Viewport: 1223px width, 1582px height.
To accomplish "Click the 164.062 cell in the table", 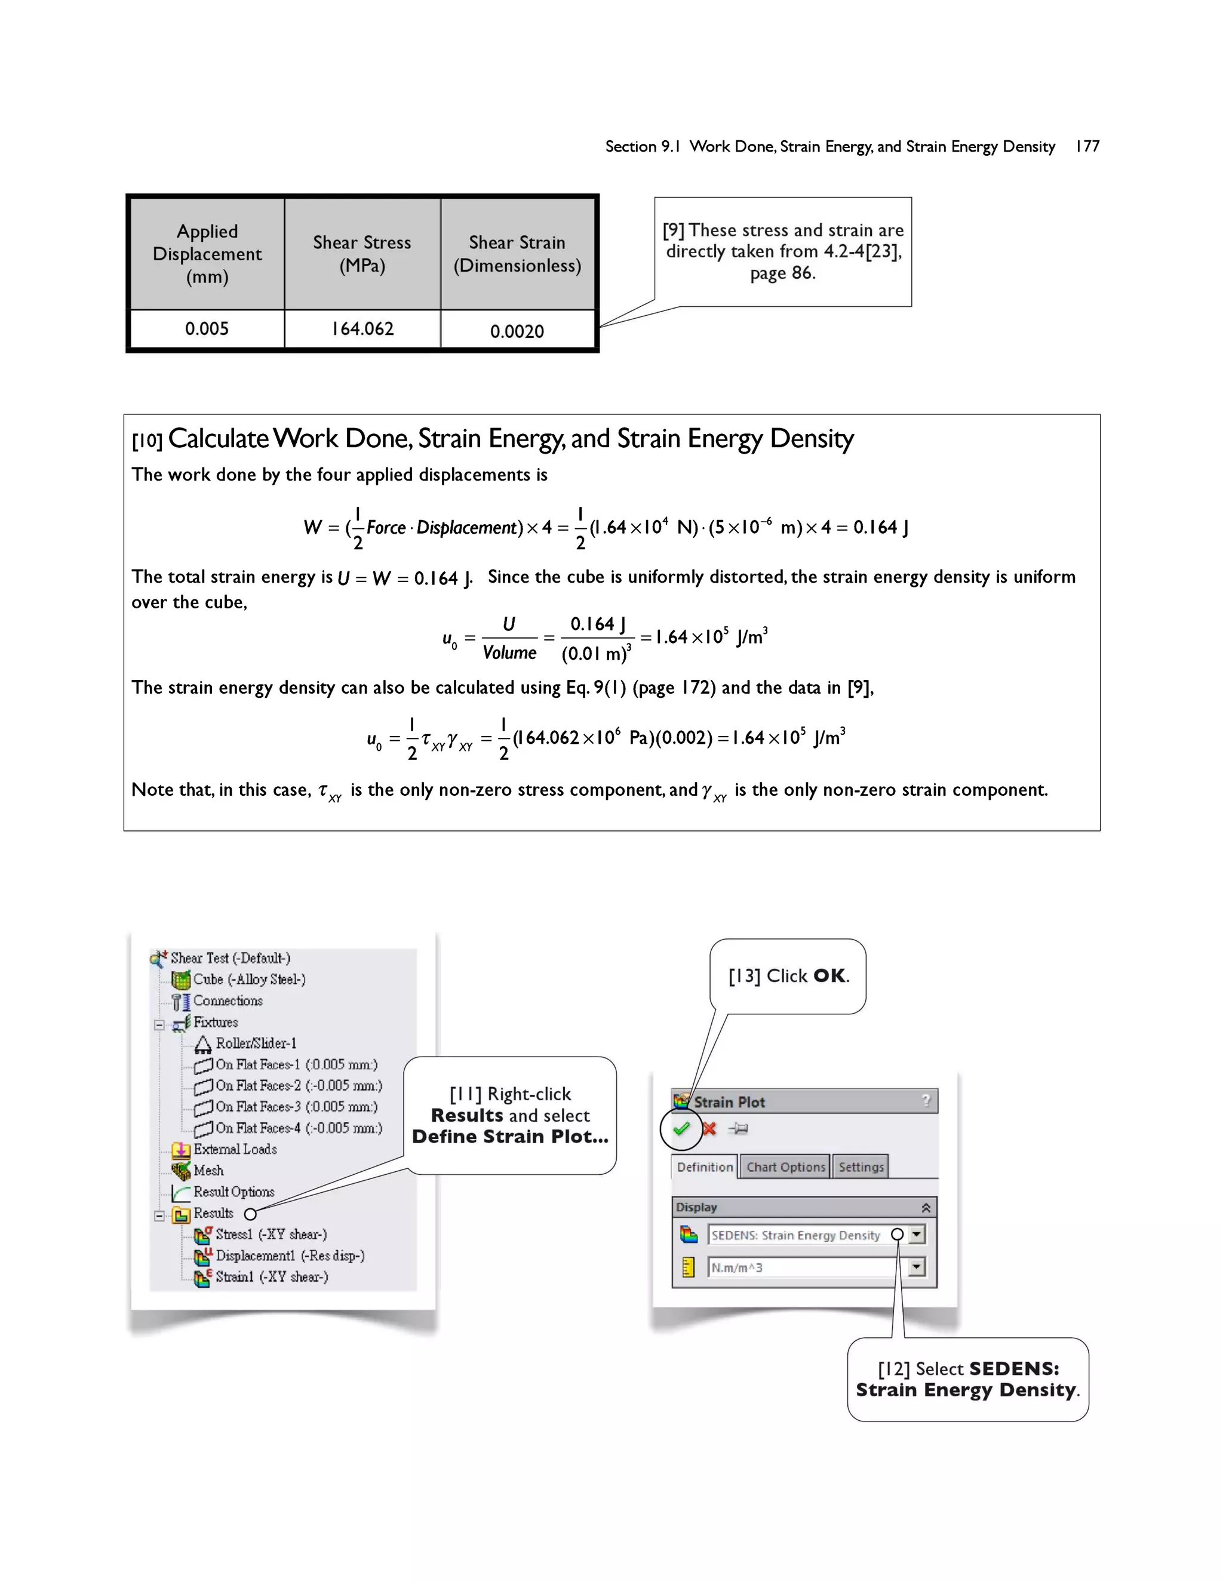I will point(362,329).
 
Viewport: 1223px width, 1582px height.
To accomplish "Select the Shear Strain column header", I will point(517,254).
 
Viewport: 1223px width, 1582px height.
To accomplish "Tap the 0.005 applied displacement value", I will point(207,329).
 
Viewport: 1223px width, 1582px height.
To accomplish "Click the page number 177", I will point(1087,146).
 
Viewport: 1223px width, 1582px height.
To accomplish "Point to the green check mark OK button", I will point(681,1128).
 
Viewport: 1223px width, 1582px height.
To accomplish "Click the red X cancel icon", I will point(709,1128).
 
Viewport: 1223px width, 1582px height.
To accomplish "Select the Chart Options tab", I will point(785,1167).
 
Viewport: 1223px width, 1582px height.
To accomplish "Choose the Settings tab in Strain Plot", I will point(861,1167).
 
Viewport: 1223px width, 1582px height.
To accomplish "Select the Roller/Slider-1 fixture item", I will point(255,1043).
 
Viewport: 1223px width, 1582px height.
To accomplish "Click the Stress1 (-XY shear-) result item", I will point(271,1235).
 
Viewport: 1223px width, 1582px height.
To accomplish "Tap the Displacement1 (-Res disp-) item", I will point(289,1255).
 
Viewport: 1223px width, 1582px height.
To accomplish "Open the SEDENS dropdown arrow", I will point(917,1235).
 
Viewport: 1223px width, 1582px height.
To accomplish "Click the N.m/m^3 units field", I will point(801,1267).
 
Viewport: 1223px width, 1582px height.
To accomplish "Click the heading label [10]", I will point(147,441).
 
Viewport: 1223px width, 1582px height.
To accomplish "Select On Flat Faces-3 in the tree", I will point(296,1107).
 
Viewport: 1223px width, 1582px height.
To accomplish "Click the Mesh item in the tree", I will point(208,1171).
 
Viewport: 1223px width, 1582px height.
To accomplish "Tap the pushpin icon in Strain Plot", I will point(738,1128).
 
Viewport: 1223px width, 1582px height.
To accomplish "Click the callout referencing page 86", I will point(782,251).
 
